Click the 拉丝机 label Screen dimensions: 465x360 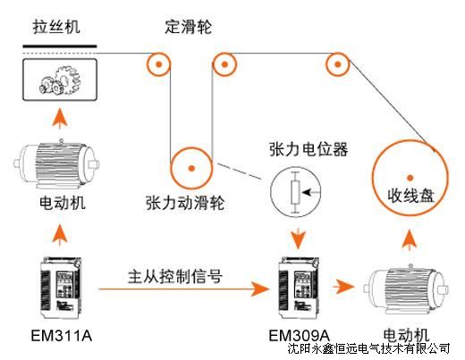pos(56,27)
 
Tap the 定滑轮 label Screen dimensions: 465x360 pos(189,27)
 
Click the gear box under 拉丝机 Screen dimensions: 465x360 pos(60,80)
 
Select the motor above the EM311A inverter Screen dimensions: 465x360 pos(56,164)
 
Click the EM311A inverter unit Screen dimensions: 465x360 pos(61,288)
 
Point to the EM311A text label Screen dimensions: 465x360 pos(62,336)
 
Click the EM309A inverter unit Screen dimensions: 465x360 pos(299,288)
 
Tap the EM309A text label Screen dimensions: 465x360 pos(300,336)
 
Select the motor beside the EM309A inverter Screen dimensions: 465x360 pos(406,289)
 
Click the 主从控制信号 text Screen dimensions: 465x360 pos(175,277)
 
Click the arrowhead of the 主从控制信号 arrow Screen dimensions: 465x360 pos(260,289)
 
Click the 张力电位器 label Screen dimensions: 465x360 pos(309,149)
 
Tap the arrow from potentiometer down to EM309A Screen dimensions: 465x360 pos(298,239)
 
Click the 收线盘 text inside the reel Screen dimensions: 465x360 pos(410,197)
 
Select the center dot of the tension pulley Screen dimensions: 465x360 pos(191,169)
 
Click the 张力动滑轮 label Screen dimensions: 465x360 pos(185,204)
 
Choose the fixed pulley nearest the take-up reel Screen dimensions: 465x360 pos(337,64)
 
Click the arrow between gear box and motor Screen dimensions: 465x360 pos(60,119)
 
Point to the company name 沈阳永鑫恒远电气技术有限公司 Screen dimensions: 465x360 pos(368,348)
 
